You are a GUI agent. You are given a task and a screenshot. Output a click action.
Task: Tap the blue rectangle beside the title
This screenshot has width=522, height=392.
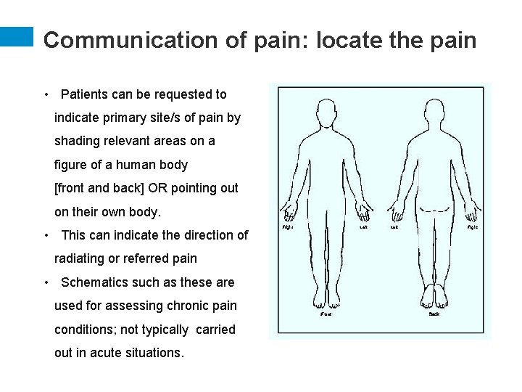(17, 38)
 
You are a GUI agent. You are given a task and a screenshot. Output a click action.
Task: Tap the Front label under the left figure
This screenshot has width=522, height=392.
(326, 314)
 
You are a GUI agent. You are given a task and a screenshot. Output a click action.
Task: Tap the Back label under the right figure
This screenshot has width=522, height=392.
(434, 314)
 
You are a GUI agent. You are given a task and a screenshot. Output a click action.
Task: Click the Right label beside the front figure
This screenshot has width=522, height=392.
(287, 227)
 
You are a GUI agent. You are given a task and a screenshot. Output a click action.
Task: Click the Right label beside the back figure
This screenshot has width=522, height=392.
(472, 227)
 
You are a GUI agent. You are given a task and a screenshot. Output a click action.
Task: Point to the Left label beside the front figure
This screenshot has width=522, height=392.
(364, 227)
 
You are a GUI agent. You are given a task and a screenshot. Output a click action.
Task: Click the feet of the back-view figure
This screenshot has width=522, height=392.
(434, 296)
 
